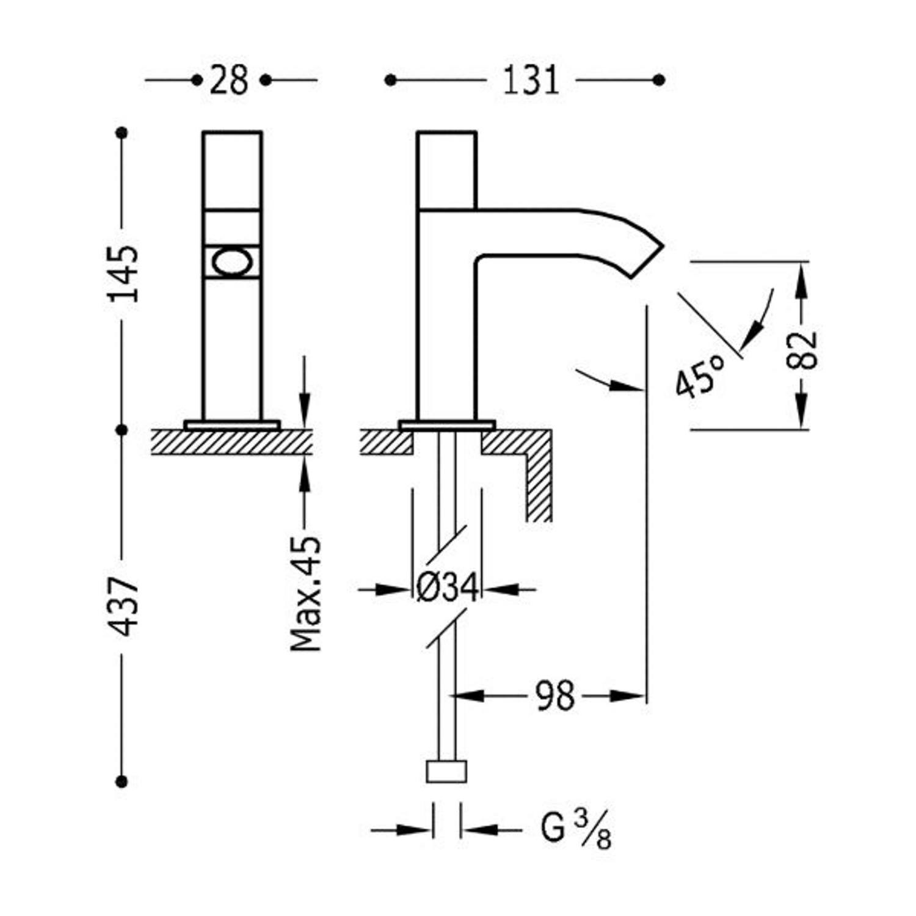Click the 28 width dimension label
point(229,80)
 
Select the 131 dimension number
point(531,80)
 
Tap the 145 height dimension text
point(123,274)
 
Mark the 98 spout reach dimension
point(555,696)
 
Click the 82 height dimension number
point(802,351)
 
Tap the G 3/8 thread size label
point(576,829)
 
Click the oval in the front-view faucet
point(231,263)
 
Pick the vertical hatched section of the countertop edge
point(539,488)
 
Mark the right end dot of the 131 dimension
point(658,80)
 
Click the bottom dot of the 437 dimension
point(122,780)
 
